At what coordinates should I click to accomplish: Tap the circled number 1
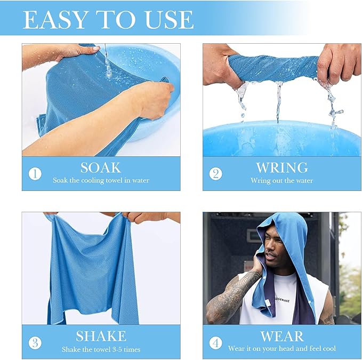[35, 174]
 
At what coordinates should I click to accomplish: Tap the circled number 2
[215, 174]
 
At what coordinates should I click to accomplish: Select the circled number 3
[35, 343]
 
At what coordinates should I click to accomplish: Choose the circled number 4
[215, 343]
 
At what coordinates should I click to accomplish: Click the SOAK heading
[101, 167]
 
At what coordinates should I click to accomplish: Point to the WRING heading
[281, 167]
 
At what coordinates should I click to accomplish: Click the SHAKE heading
[101, 336]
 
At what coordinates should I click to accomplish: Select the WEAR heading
[282, 336]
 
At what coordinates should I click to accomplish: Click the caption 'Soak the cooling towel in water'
[101, 180]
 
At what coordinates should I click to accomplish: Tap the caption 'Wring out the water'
[282, 180]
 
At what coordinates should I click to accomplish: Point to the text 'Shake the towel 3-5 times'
[101, 349]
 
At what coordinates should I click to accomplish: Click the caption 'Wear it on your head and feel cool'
[282, 348]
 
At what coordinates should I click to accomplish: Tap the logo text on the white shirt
[281, 300]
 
